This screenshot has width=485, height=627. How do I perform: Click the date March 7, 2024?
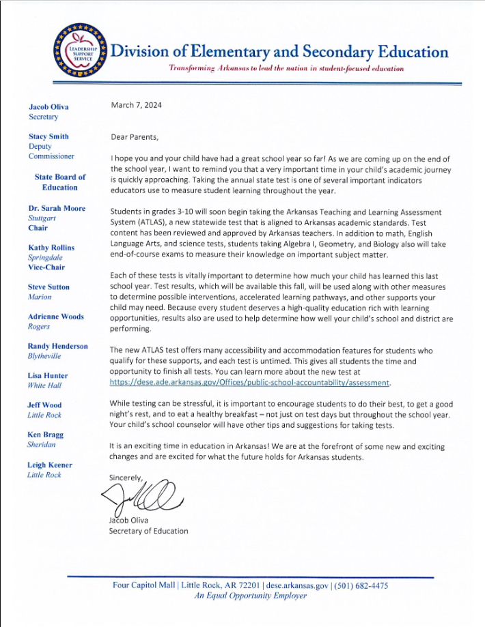pyautogui.click(x=137, y=105)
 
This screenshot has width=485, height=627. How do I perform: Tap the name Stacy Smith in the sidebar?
pyautogui.click(x=48, y=136)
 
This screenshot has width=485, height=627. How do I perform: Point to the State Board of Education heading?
pyautogui.click(x=60, y=182)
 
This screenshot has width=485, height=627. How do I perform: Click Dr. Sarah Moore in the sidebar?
pyautogui.click(x=57, y=207)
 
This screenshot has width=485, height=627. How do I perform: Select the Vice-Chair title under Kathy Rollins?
pyautogui.click(x=47, y=267)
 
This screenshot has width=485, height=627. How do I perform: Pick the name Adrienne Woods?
pyautogui.click(x=56, y=317)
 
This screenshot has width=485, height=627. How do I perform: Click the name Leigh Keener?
pyautogui.click(x=50, y=465)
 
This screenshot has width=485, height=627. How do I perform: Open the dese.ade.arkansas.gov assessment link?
pyautogui.click(x=249, y=383)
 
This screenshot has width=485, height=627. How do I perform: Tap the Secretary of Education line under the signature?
pyautogui.click(x=148, y=531)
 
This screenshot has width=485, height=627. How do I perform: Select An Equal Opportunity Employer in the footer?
pyautogui.click(x=251, y=596)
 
